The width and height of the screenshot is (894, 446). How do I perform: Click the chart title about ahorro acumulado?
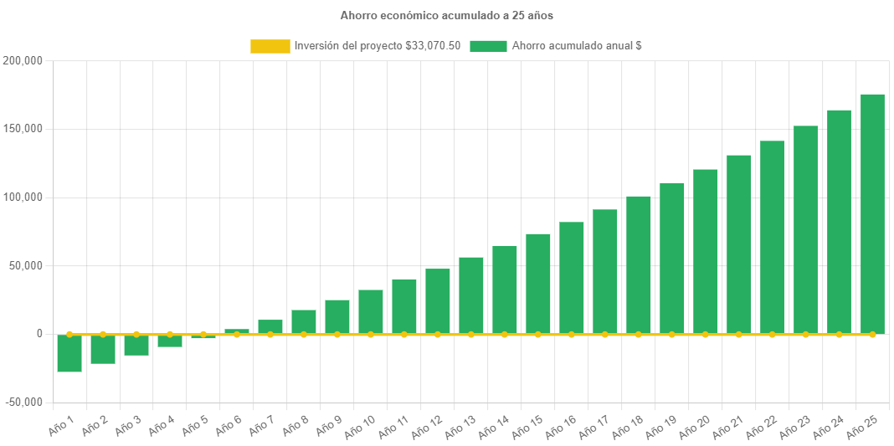pyautogui.click(x=446, y=16)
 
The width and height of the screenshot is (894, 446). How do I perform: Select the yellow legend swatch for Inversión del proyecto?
pyautogui.click(x=270, y=46)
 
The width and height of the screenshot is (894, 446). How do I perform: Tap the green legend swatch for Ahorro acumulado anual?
pyautogui.click(x=488, y=46)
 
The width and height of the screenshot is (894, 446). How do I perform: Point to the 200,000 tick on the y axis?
pyautogui.click(x=23, y=61)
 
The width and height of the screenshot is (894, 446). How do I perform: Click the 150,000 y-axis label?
pyautogui.click(x=23, y=129)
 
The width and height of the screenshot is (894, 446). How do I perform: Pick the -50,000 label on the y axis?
pyautogui.click(x=23, y=402)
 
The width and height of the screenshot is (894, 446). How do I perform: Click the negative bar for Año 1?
pyautogui.click(x=69, y=353)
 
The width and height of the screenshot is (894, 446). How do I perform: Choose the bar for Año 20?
pyautogui.click(x=706, y=251)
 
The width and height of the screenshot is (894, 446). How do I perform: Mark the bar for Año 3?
pyautogui.click(x=136, y=345)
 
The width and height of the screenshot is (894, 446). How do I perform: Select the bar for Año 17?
pyautogui.click(x=605, y=271)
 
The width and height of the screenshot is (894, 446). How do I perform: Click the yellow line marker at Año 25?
pyautogui.click(x=872, y=334)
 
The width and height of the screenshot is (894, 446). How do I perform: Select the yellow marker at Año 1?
pyautogui.click(x=69, y=334)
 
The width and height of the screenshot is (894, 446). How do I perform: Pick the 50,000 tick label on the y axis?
pyautogui.click(x=27, y=265)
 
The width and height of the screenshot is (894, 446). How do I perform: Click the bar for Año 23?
pyautogui.click(x=805, y=229)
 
